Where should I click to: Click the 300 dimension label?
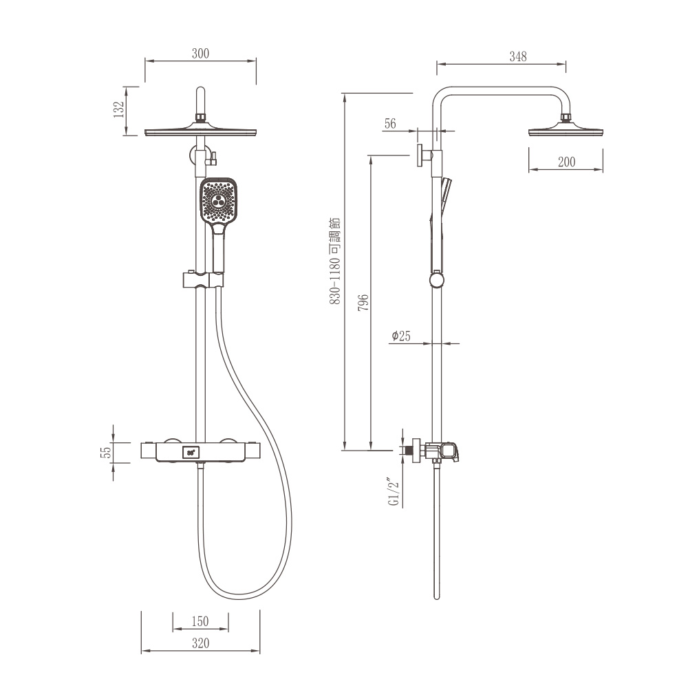pyautogui.click(x=200, y=54)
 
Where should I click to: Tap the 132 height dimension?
pyautogui.click(x=119, y=109)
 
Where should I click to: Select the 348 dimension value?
pyautogui.click(x=518, y=56)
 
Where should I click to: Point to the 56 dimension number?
pyautogui.click(x=390, y=124)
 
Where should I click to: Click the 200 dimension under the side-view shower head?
pyautogui.click(x=566, y=162)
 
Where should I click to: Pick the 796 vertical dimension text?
pyautogui.click(x=363, y=303)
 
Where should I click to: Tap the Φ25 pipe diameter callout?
pyautogui.click(x=401, y=336)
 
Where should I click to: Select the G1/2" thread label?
pyautogui.click(x=394, y=491)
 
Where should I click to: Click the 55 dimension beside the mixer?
pyautogui.click(x=106, y=453)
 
